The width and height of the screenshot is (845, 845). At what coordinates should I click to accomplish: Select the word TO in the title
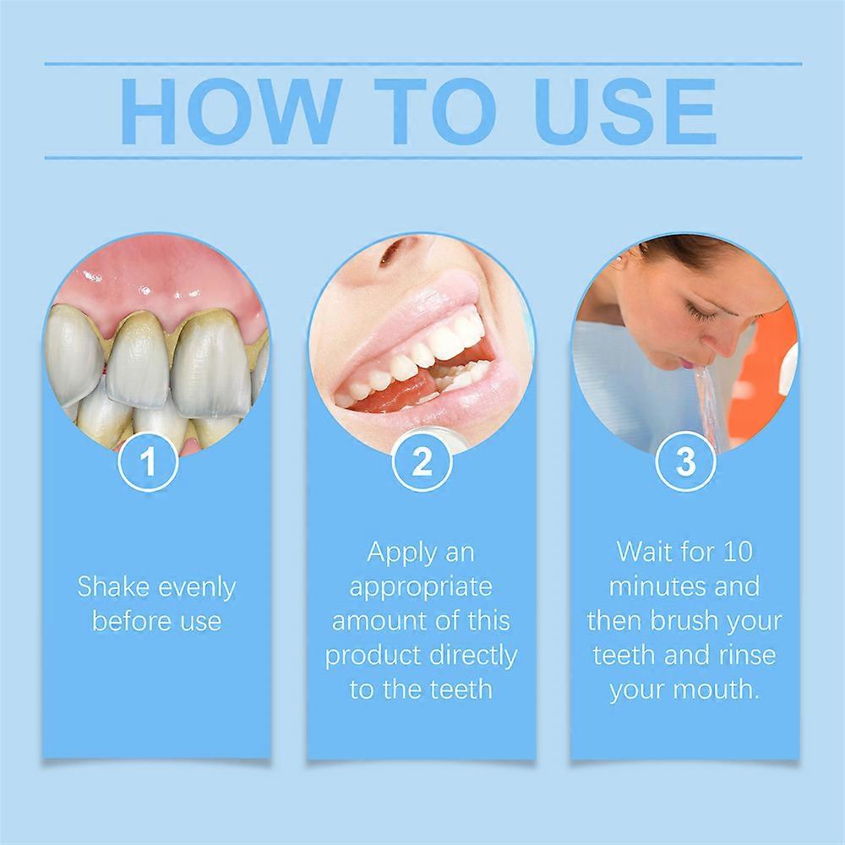pyautogui.click(x=422, y=112)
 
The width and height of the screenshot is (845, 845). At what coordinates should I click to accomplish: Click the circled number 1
pyautogui.click(x=149, y=462)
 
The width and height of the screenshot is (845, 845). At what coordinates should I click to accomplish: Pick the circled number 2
pyautogui.click(x=422, y=462)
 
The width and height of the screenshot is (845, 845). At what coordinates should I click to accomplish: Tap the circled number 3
pyautogui.click(x=685, y=462)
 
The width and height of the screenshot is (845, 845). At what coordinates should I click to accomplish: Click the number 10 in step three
pyautogui.click(x=734, y=553)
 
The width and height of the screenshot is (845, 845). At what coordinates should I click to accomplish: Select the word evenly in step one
pyautogui.click(x=192, y=588)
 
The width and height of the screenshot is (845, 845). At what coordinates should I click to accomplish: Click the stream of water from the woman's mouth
pyautogui.click(x=705, y=397)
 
